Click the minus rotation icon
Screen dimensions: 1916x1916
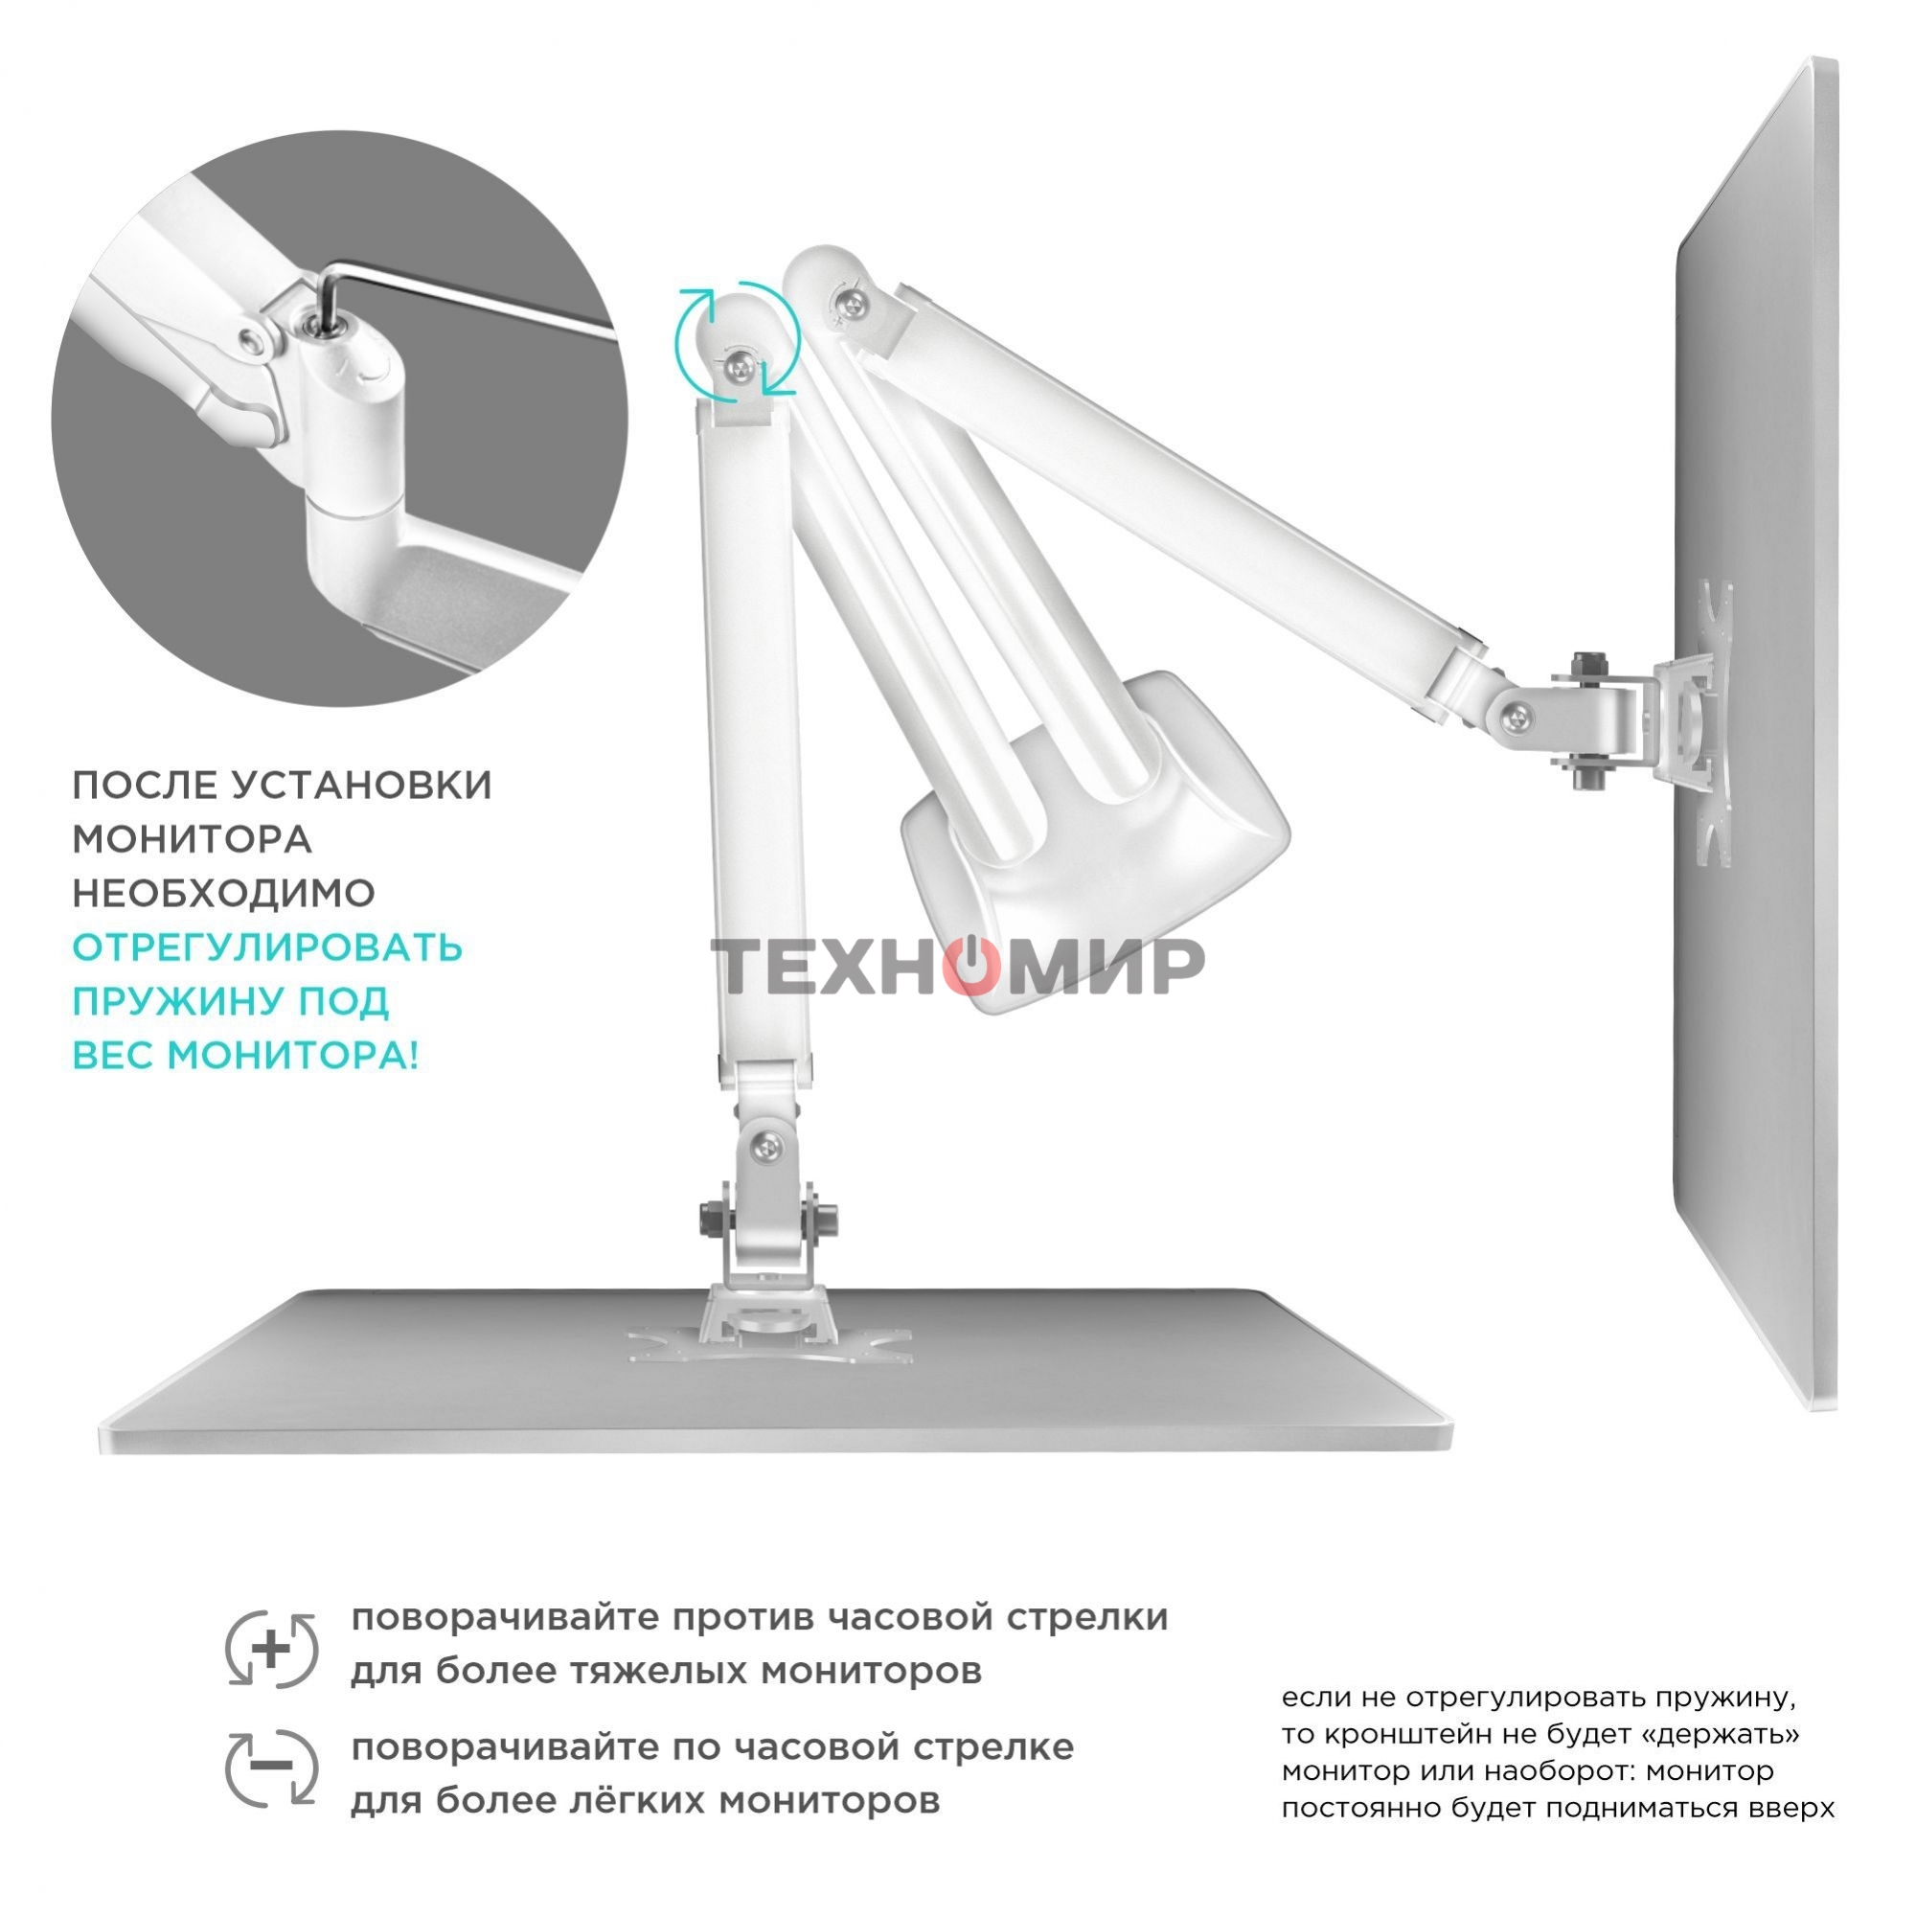pos(272,1768)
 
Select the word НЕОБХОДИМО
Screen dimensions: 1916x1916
pos(223,894)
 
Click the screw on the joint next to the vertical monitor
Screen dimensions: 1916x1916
pos(1516,715)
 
